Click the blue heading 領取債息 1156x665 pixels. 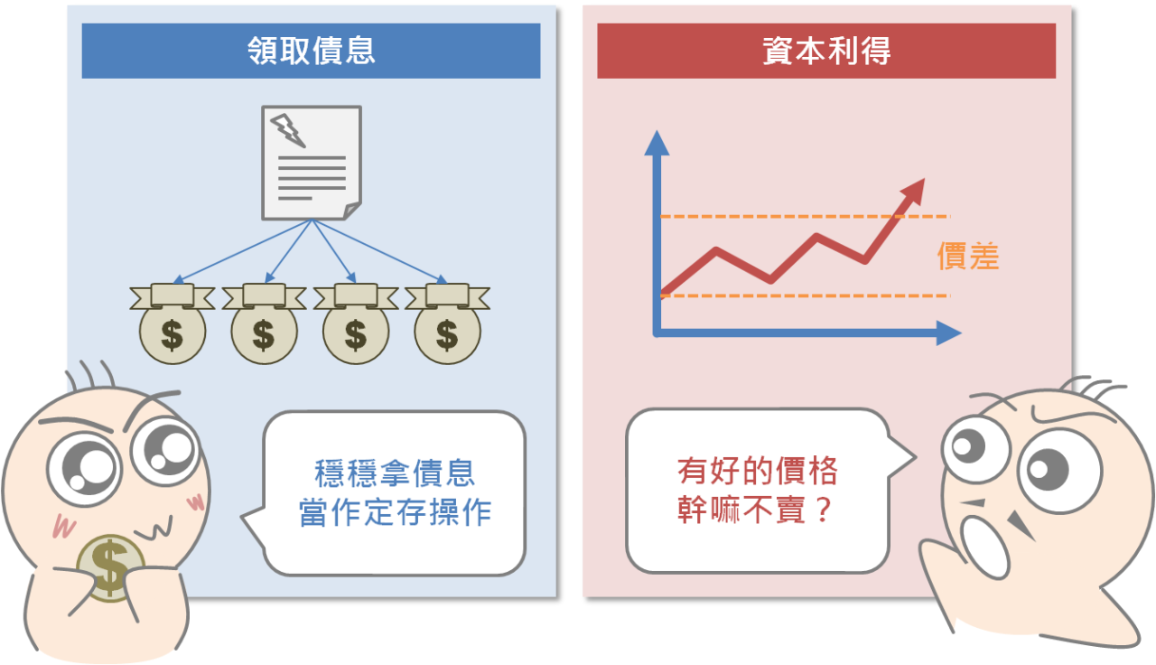[311, 51]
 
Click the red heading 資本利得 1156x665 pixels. [826, 51]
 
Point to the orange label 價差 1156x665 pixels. [968, 257]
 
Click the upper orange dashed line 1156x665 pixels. [795, 217]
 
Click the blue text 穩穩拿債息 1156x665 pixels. [395, 473]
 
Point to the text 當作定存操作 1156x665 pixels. [395, 512]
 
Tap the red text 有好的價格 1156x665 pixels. [757, 471]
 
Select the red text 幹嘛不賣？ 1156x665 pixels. [755, 511]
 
